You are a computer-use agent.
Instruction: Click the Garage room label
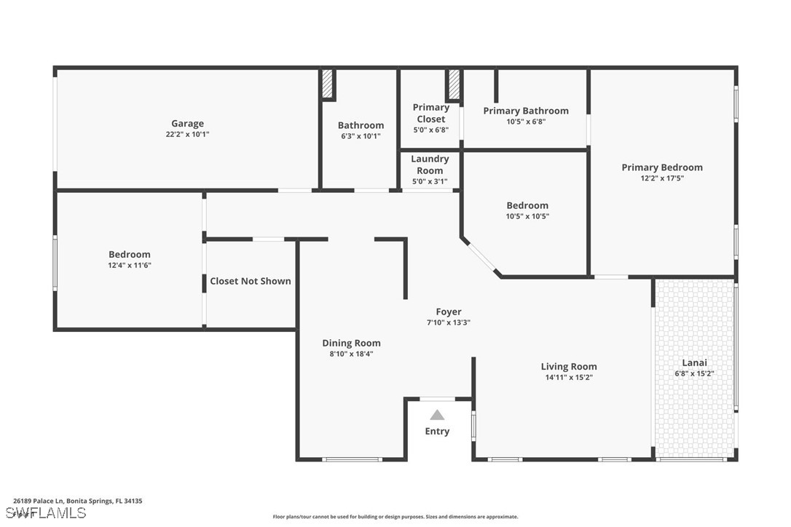pos(188,124)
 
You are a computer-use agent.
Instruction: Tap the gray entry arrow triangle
pos(437,415)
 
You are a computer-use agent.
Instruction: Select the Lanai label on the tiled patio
pos(695,362)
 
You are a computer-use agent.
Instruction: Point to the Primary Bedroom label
pos(662,167)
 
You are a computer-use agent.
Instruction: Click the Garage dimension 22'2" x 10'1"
pos(188,135)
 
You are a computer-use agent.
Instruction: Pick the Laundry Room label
pos(430,165)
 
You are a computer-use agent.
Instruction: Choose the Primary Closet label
pos(430,113)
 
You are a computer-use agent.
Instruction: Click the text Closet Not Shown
pos(251,282)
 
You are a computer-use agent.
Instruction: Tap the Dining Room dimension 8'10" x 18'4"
pos(352,354)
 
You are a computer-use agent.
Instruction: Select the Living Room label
pos(569,367)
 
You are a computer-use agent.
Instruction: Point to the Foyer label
pos(449,312)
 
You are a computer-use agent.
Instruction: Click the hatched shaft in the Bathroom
pos(327,84)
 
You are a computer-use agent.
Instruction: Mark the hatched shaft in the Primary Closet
pos(454,84)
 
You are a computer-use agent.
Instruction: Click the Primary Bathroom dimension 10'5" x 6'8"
pos(526,122)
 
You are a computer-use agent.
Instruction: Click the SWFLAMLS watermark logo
pos(46,513)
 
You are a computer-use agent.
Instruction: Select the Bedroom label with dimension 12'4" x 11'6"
pos(130,255)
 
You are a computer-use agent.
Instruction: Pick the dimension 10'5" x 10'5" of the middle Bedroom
pos(527,216)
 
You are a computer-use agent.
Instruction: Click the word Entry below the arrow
pos(437,432)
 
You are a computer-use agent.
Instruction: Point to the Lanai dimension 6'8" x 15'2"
pos(695,373)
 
